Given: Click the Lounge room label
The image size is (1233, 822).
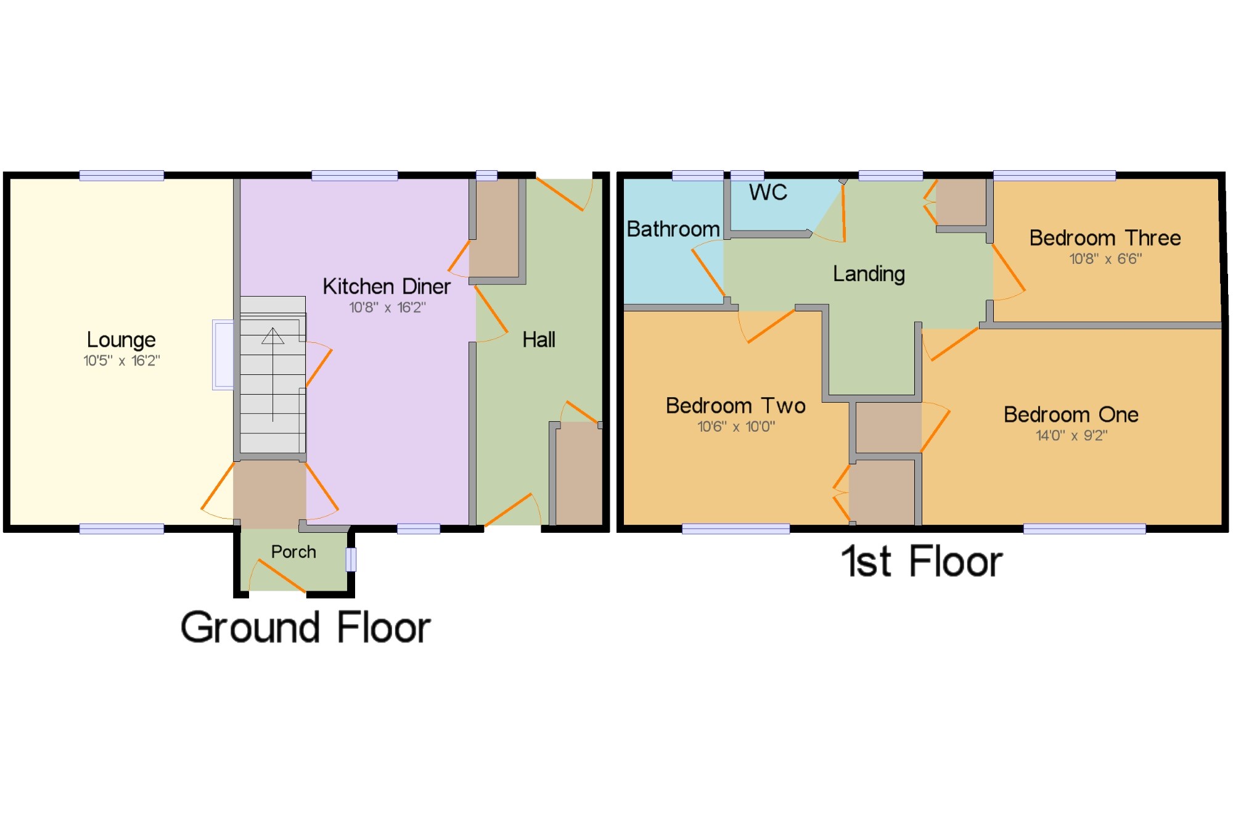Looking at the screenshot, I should point(121,340).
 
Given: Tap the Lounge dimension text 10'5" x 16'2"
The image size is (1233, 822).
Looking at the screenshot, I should point(121,361).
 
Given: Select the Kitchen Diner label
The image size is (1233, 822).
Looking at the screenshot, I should point(386,287).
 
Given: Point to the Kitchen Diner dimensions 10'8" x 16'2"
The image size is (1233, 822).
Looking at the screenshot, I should point(387,307).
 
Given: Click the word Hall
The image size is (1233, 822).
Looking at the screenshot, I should point(538,340).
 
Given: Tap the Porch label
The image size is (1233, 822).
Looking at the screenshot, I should point(293,552).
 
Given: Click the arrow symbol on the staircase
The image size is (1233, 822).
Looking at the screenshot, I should point(272,337).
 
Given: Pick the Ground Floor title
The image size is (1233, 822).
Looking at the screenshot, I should point(305,628).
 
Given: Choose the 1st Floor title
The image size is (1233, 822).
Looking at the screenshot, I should point(922,562).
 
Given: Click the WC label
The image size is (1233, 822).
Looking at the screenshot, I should point(768,192).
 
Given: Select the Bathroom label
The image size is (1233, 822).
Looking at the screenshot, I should point(673,229).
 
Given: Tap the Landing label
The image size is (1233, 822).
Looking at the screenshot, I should point(869,274).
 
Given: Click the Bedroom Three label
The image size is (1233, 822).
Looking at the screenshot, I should point(1105,238).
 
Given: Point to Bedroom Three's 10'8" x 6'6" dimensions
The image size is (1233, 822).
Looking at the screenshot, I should point(1105,259).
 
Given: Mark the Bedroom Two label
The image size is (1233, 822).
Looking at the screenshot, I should point(735,406).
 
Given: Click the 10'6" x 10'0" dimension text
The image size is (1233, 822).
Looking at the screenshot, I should point(736,427).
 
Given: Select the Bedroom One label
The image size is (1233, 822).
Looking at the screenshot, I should point(1071,415).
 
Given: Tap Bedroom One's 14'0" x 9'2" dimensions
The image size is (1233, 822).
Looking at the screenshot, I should point(1071,436).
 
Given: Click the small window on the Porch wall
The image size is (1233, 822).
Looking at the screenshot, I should point(351,559).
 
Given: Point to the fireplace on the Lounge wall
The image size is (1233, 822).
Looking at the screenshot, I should point(223,355).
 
